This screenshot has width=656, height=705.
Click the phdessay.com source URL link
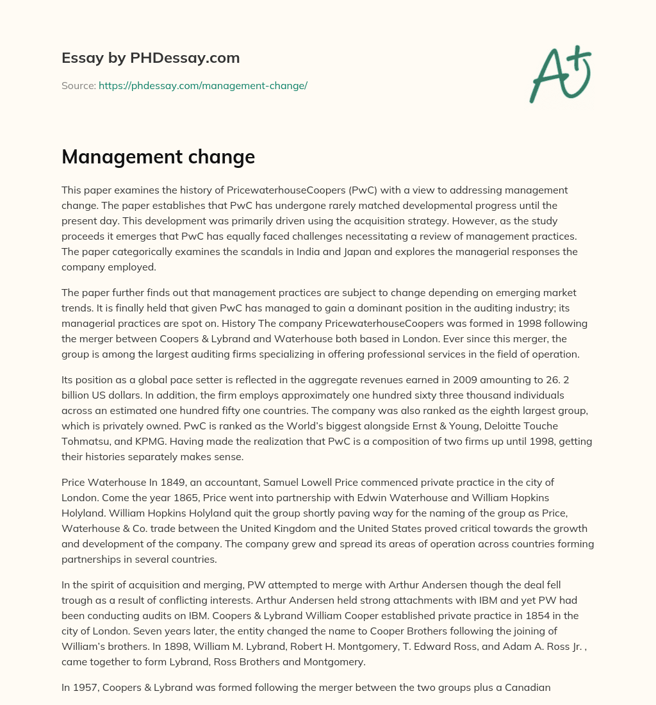[x=203, y=85]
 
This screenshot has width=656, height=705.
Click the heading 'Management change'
[x=158, y=157]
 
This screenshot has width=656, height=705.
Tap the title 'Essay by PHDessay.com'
[x=151, y=58]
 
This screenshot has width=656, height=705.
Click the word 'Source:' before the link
[x=79, y=85]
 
